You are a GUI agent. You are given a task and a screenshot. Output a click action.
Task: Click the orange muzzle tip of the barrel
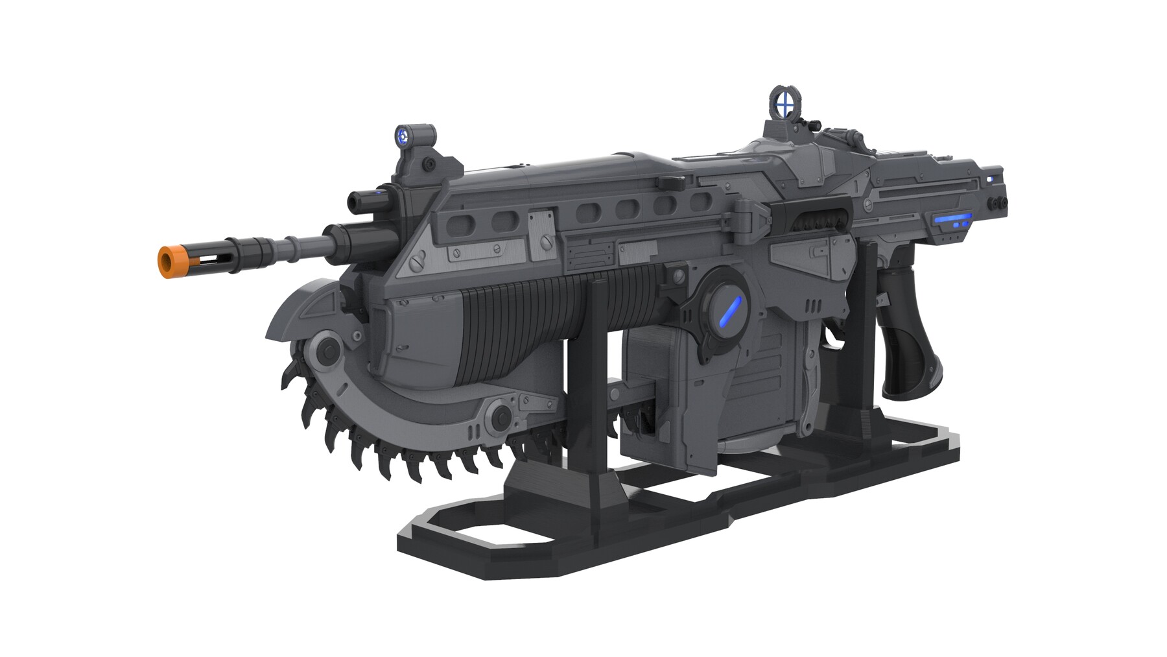[x=168, y=261]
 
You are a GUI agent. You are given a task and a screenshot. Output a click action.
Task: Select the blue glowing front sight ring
[x=403, y=137]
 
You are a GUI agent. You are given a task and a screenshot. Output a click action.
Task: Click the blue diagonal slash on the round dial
[x=729, y=311]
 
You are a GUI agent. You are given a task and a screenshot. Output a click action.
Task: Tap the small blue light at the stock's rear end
[x=990, y=178]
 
